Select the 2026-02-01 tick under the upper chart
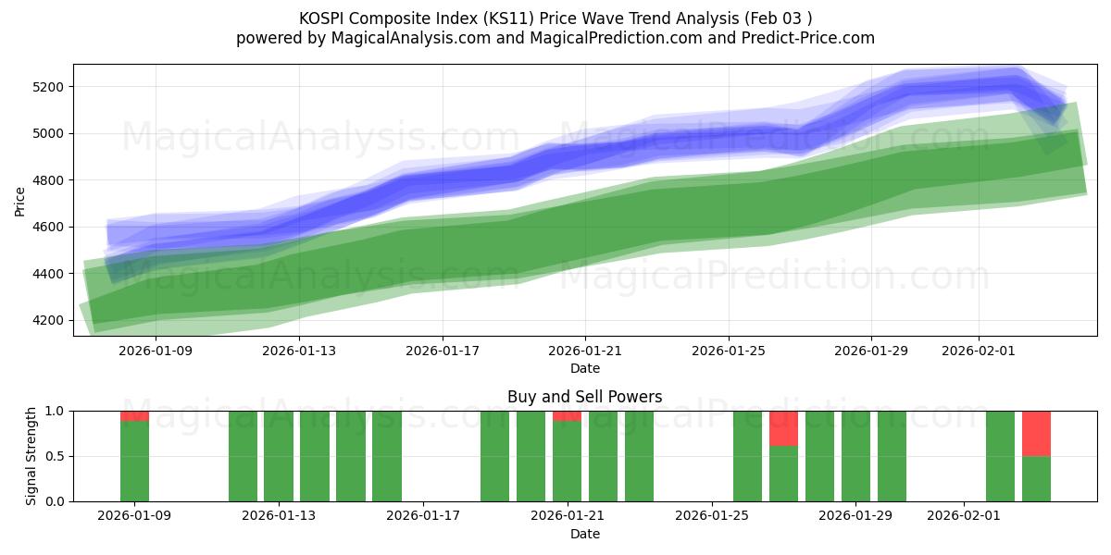[x=979, y=351]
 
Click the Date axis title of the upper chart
[x=585, y=368]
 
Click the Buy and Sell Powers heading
[x=585, y=397]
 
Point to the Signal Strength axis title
[x=32, y=456]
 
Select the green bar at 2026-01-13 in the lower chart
[x=279, y=456]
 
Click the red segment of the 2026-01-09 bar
[x=135, y=415]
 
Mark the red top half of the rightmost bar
[x=1036, y=433]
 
